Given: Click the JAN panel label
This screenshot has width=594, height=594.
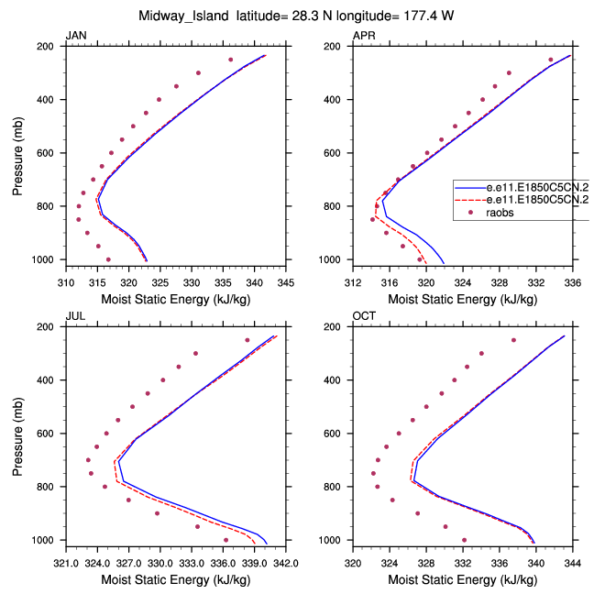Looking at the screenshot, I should pyautogui.click(x=75, y=36).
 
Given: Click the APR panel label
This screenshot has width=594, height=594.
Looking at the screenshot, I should pyautogui.click(x=364, y=36).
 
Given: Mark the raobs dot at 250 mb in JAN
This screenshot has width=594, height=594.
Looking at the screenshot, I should pyautogui.click(x=231, y=60).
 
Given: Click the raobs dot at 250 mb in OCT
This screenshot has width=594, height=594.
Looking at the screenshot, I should pyautogui.click(x=513, y=340).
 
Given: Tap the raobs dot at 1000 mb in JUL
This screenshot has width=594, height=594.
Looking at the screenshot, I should pyautogui.click(x=225, y=540).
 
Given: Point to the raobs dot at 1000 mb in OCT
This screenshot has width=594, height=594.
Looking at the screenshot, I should pyautogui.click(x=464, y=540).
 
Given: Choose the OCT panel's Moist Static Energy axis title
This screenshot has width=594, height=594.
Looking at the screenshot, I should pyautogui.click(x=463, y=580).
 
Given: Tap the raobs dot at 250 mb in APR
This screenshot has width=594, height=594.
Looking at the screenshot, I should pyautogui.click(x=551, y=60).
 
